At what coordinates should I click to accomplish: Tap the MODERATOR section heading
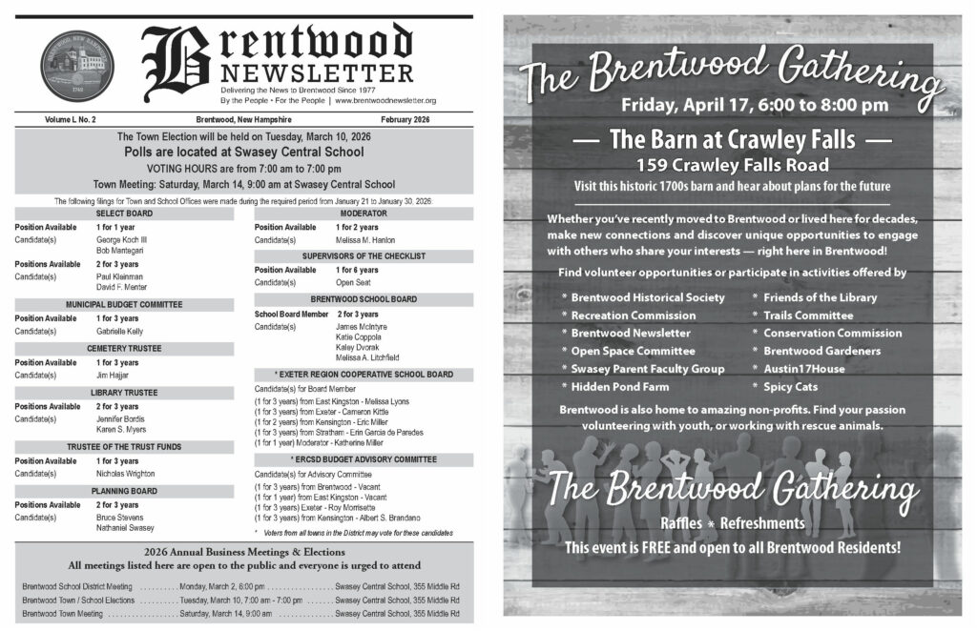click(x=363, y=214)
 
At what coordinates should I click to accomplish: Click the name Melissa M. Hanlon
click(x=365, y=240)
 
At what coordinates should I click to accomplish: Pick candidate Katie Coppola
click(x=360, y=336)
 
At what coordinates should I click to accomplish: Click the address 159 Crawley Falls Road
click(x=732, y=165)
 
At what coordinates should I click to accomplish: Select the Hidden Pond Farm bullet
click(x=620, y=387)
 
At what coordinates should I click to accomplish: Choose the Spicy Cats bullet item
click(x=790, y=387)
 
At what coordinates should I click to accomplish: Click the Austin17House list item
click(x=804, y=369)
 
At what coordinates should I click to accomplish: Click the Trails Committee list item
click(x=808, y=315)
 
